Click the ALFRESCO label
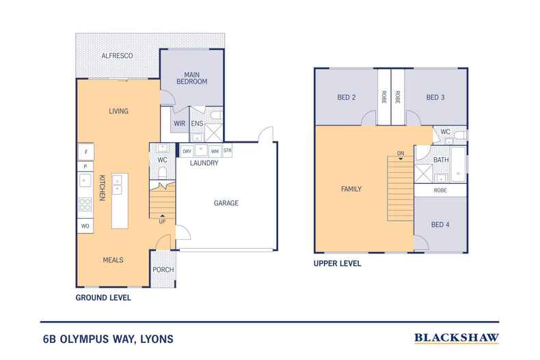116,55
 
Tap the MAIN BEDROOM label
191,77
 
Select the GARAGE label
226,203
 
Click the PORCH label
163,269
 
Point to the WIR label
180,124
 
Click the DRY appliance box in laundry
186,151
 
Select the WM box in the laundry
215,151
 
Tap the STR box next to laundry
227,151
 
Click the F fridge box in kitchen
85,152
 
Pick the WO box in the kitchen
85,225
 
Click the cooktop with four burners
85,204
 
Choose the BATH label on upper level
441,159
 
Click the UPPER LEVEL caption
337,263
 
